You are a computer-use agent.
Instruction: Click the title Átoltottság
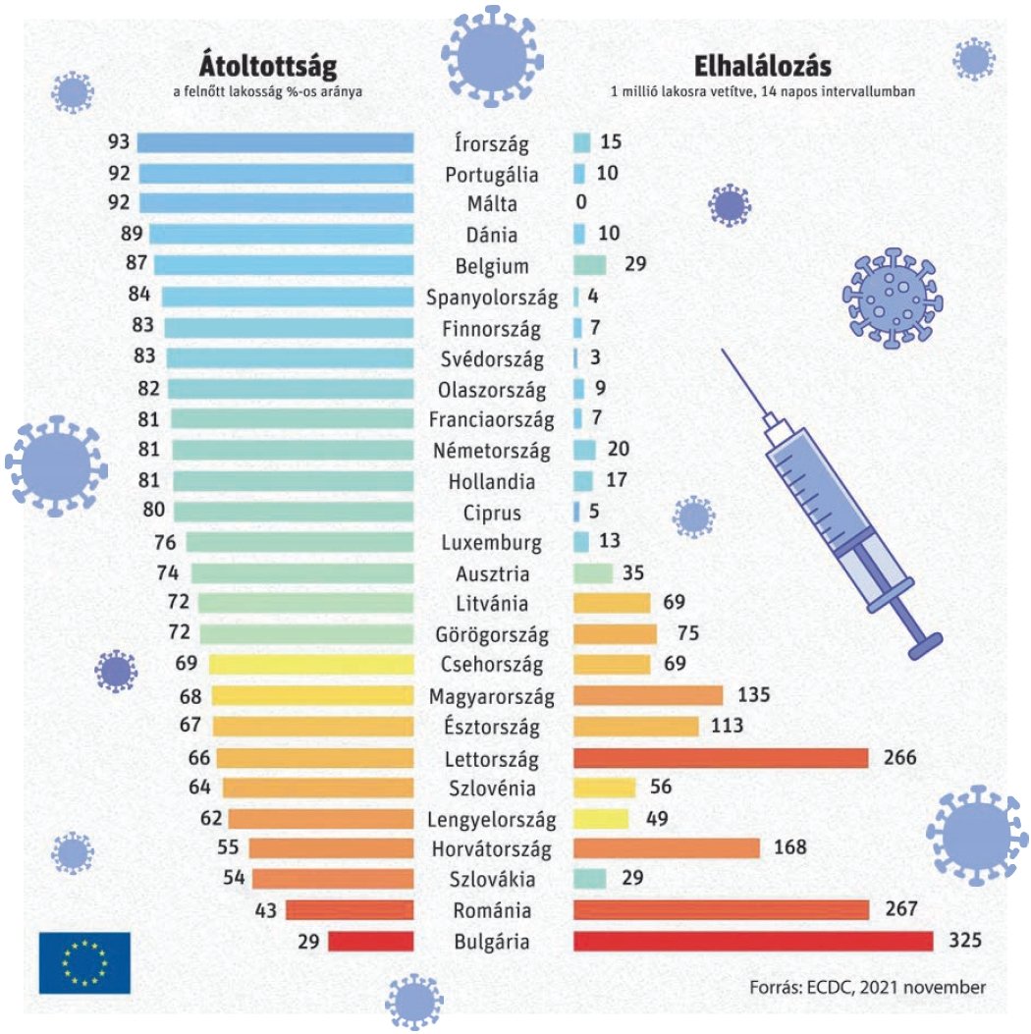pyautogui.click(x=269, y=66)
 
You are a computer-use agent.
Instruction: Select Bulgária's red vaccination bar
pyautogui.click(x=370, y=942)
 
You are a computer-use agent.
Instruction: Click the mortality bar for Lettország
pyautogui.click(x=721, y=758)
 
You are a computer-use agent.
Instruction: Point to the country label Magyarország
pyautogui.click(x=492, y=697)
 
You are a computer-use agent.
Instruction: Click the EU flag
pyautogui.click(x=84, y=961)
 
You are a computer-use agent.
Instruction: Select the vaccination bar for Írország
pyautogui.click(x=275, y=143)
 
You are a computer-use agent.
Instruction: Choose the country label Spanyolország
pyautogui.click(x=492, y=298)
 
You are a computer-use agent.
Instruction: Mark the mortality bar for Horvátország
pyautogui.click(x=666, y=848)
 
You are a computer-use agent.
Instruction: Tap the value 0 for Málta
pyautogui.click(x=581, y=204)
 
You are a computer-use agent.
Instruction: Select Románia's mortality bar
pyautogui.click(x=721, y=910)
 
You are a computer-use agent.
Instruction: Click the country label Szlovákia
pyautogui.click(x=492, y=880)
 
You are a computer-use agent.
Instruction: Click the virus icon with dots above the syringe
pyautogui.click(x=891, y=298)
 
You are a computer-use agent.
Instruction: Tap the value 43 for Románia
pyautogui.click(x=264, y=910)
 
